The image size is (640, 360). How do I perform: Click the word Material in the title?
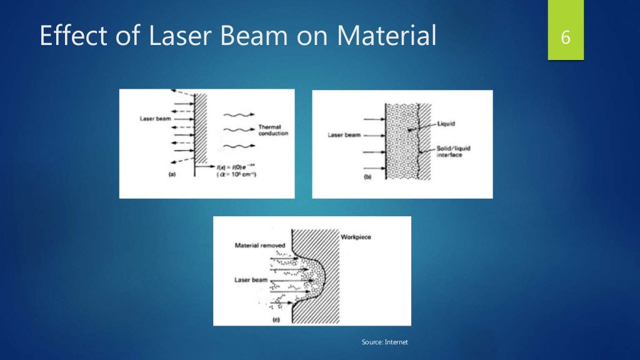(x=386, y=36)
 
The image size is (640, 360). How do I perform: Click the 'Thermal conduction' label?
(x=273, y=130)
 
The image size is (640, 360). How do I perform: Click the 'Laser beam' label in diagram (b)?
(x=344, y=134)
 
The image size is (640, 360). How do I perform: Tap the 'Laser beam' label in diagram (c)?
(x=251, y=281)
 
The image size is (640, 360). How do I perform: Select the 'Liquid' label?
(x=446, y=124)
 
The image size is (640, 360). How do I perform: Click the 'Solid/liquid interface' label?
(x=450, y=151)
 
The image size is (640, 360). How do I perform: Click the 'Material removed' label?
(x=260, y=246)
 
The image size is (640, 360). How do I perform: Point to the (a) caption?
(x=172, y=176)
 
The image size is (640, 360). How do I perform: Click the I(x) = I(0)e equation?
(x=226, y=167)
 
